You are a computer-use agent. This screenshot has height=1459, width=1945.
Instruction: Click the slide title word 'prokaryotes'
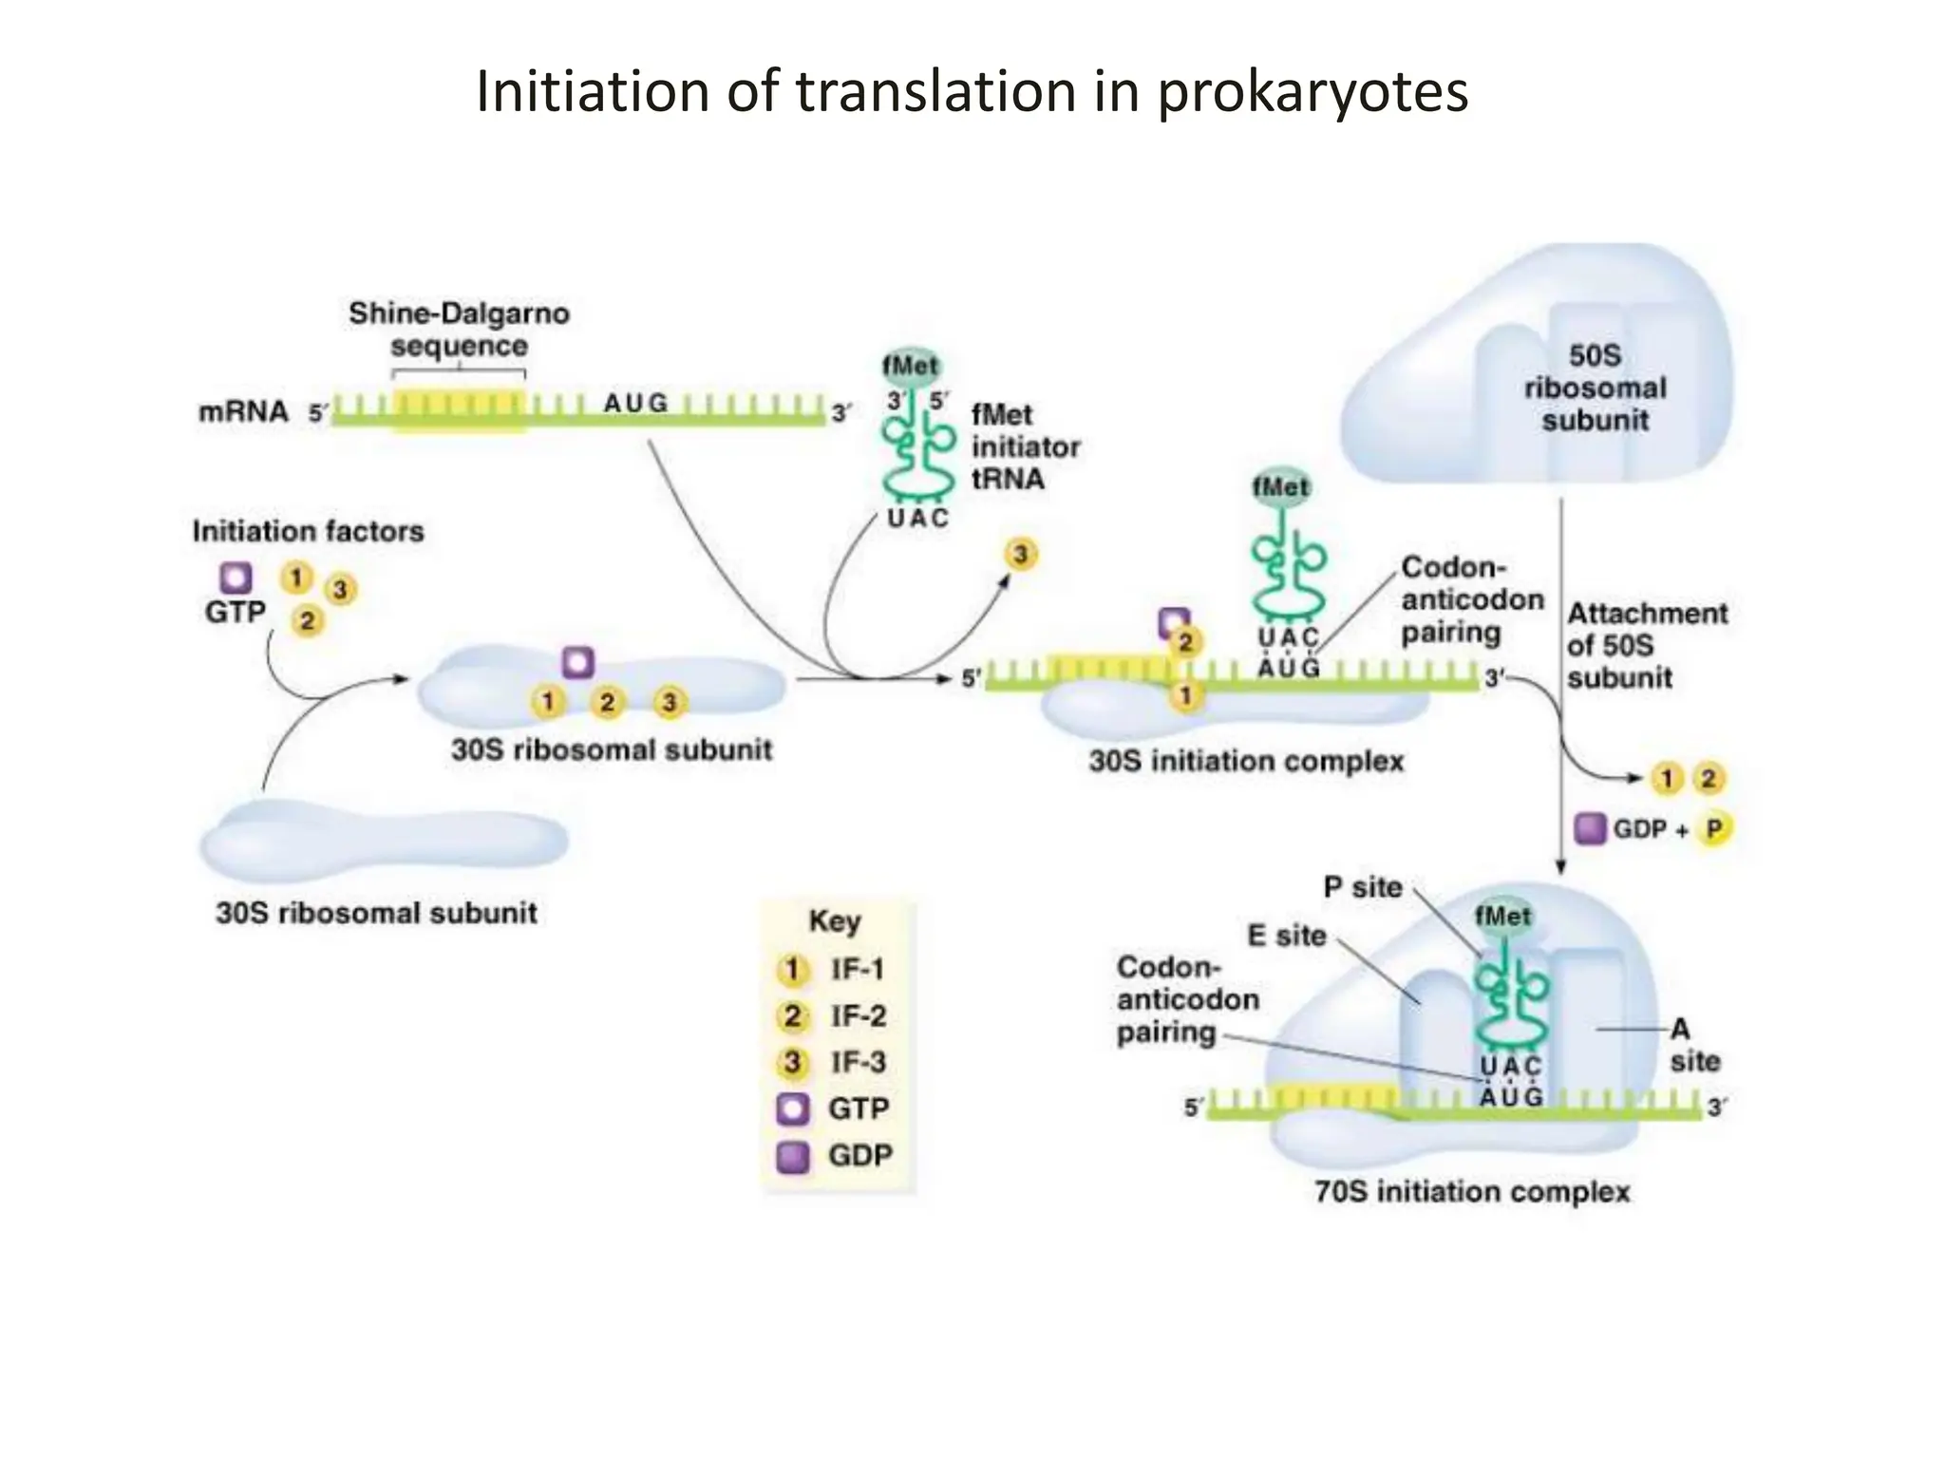pos(1312,93)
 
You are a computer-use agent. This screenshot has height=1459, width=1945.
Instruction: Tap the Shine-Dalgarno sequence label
pos(459,329)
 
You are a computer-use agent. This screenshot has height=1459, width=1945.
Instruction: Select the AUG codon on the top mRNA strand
pos(635,403)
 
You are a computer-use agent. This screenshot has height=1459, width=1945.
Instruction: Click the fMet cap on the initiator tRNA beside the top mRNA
pos(910,366)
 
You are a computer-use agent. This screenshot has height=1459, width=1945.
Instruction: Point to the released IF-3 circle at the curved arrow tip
pos(1020,554)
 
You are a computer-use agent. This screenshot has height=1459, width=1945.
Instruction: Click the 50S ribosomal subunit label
pos(1595,388)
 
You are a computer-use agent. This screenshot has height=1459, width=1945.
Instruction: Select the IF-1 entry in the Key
pos(832,969)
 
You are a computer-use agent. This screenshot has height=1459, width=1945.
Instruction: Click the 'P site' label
pos(1362,887)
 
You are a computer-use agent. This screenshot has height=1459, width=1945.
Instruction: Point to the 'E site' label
pos(1286,936)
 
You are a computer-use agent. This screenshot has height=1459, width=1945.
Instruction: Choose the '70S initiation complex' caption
pos(1471,1191)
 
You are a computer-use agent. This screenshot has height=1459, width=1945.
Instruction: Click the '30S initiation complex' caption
pos(1245,761)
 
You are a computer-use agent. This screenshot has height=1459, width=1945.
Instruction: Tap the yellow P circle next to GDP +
pos(1713,828)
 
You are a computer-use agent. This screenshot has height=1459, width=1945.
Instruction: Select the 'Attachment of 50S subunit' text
pos(1645,645)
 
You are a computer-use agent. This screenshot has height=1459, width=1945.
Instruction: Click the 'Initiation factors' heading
pos(308,531)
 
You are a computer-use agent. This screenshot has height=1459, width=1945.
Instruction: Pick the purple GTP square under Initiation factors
pos(236,578)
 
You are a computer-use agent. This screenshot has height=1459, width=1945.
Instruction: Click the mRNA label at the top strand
pos(243,411)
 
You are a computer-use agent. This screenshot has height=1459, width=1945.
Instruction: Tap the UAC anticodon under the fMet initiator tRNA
pos(916,519)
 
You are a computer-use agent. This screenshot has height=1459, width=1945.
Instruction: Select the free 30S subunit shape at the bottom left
pos(384,841)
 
